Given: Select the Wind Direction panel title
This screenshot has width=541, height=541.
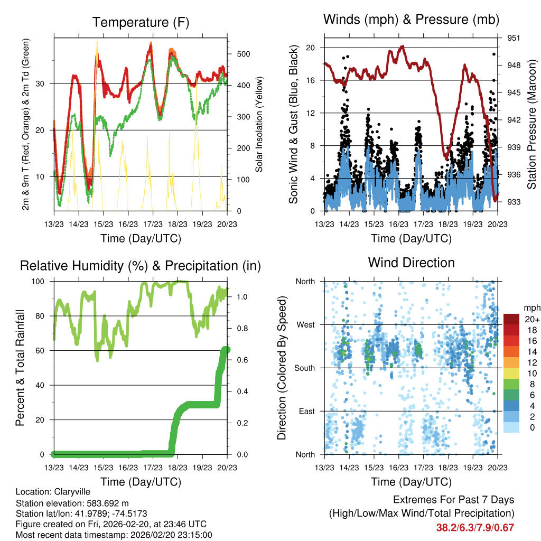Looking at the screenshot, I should [411, 263].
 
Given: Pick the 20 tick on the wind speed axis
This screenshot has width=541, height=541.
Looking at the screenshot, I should [310, 48].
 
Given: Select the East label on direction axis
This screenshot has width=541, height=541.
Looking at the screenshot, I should [306, 411].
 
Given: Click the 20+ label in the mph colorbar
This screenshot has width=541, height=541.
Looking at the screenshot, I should [531, 319].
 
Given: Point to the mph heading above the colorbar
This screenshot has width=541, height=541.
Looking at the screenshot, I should [531, 307].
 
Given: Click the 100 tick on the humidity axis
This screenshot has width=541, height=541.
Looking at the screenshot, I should [41, 282].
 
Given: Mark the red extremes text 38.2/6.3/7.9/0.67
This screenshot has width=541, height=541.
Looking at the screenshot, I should [475, 527].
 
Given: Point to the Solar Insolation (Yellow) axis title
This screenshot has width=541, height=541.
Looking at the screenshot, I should [259, 124].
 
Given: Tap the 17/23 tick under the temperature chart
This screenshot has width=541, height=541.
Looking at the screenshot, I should [153, 224].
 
